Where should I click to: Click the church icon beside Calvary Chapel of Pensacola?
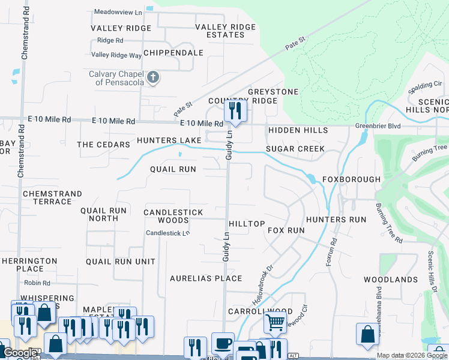coord(153,77)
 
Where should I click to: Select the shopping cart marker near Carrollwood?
coord(275,322)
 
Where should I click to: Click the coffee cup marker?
coord(223,344)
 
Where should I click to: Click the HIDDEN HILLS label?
coord(298,130)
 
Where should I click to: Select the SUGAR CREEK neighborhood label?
coord(295,149)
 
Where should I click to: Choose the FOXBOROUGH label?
coord(351,179)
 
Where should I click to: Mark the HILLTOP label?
coord(247,224)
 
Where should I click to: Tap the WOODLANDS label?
coord(390,280)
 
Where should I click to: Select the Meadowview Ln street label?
coord(119,11)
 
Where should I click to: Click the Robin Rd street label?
coord(37,283)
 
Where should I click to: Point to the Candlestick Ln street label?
coord(168,233)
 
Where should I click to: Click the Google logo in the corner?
coord(20,353)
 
